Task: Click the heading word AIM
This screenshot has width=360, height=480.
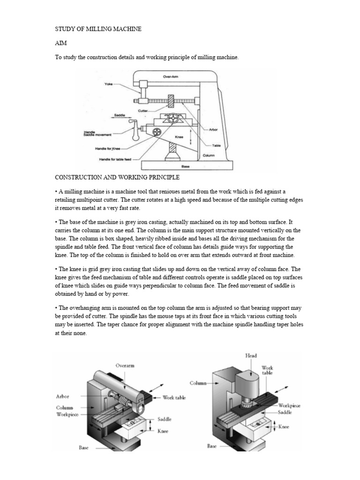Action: (x=61, y=43)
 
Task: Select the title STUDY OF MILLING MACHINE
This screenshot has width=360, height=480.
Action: (x=98, y=29)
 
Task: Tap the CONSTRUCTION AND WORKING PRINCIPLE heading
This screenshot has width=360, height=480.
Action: (x=117, y=178)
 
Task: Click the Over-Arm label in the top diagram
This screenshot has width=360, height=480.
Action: (x=169, y=76)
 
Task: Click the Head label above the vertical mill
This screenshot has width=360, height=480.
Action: (x=251, y=356)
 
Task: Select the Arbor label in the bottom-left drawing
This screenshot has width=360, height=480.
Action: (x=62, y=397)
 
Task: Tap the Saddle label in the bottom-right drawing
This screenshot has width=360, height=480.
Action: (x=285, y=412)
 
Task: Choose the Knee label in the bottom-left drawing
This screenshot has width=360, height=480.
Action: (x=163, y=431)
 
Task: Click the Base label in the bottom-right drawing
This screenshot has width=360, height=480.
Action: (x=212, y=447)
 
